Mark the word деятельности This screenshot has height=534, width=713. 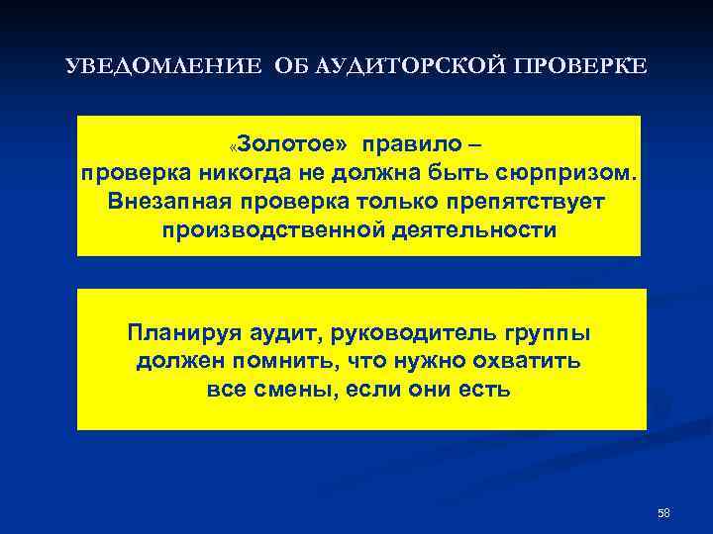[x=473, y=230]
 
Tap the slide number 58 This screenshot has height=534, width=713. [x=663, y=512]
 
